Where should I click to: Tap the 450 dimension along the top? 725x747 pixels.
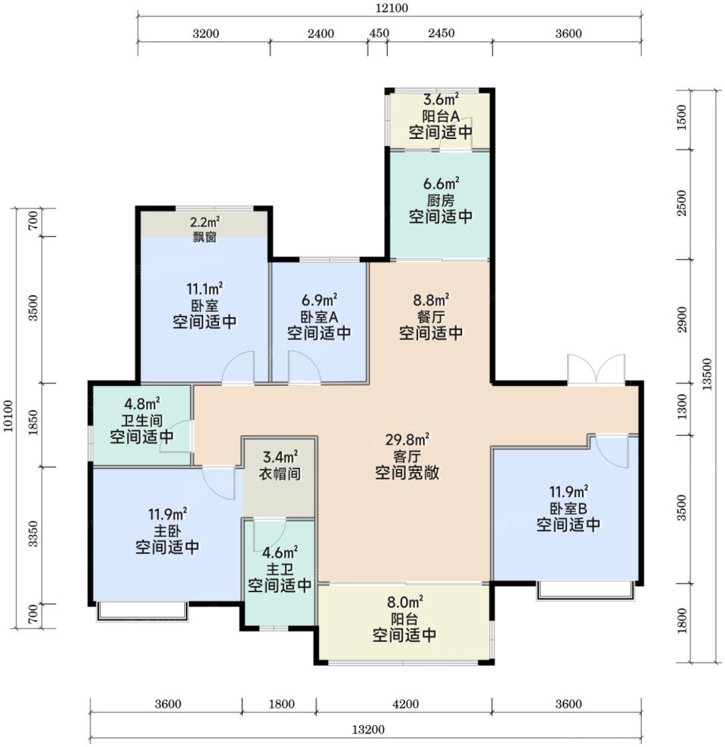pos(380,33)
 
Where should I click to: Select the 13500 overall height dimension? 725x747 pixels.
pos(707,375)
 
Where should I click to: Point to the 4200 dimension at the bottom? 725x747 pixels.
pos(405,704)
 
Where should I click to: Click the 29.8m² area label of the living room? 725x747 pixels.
pos(407,439)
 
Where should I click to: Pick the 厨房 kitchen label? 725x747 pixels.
pos(441,201)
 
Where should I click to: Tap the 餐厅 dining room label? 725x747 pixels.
pos(431,316)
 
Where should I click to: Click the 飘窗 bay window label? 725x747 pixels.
pos(205,236)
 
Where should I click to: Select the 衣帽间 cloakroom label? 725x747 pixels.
pos(280,474)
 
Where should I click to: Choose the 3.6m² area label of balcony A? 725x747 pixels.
pos(442,100)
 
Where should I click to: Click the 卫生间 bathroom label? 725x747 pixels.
pos(141,421)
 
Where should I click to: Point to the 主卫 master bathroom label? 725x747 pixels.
pos(280,570)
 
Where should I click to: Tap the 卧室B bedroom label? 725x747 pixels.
pos(568,508)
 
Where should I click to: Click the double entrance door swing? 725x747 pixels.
pos(596,369)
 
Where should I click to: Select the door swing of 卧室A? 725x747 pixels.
pos(304,367)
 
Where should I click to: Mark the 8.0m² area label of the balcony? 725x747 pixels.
pos(405,603)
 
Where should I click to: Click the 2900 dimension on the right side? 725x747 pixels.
pos(682,319)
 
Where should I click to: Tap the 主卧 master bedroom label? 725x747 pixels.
pos(167,531)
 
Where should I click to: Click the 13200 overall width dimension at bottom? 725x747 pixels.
pos(368,730)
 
